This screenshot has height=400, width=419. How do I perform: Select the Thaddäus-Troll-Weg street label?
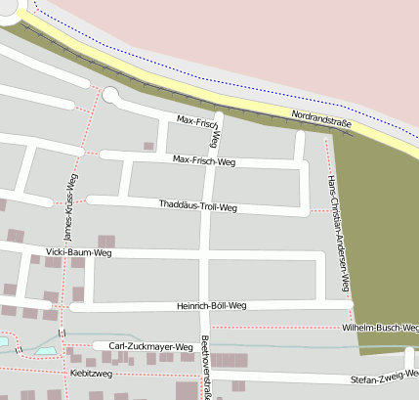[197, 206]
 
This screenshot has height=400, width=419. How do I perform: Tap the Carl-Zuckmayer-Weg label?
[141, 346]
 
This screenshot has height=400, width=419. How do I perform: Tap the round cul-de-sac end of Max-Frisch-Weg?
[110, 95]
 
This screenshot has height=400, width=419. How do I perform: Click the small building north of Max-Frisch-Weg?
[148, 147]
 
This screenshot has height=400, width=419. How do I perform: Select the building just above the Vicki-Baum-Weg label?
[105, 241]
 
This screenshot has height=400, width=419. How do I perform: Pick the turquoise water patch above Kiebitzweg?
[46, 349]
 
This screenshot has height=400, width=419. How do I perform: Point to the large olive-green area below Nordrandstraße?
[376, 225]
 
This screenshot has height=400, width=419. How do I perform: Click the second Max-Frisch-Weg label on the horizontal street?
[203, 160]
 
